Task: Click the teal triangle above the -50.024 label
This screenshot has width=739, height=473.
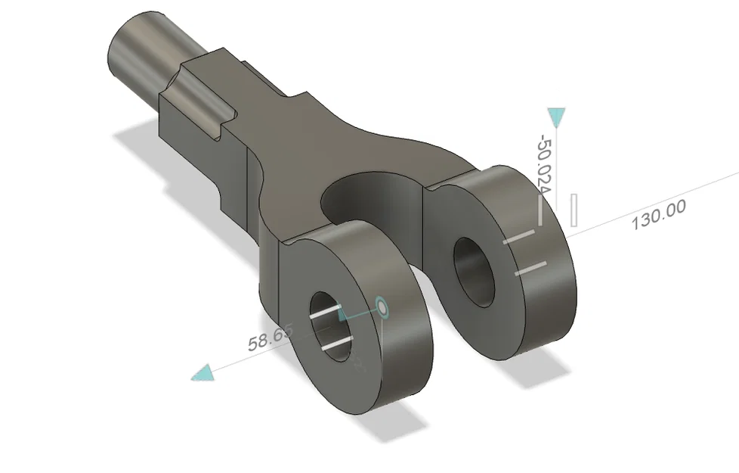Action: pos(557,117)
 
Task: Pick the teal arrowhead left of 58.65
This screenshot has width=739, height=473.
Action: pos(203,372)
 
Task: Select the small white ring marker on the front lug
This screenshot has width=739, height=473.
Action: pos(382,307)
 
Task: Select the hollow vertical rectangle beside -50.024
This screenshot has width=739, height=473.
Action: pos(575,210)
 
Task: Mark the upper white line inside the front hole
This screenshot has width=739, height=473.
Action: pos(328,313)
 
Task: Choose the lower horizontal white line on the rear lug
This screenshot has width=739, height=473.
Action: pos(530,268)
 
